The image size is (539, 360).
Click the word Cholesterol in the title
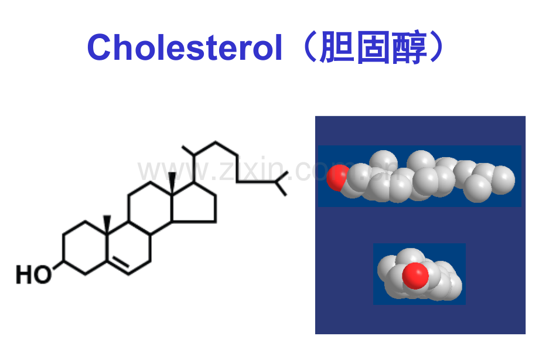(x=185, y=47)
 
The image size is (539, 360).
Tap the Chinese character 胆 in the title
(x=337, y=47)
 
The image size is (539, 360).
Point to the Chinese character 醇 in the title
(x=410, y=47)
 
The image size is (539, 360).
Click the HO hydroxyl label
(x=34, y=274)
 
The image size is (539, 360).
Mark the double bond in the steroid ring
(x=118, y=266)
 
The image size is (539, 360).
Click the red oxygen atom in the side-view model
(x=337, y=177)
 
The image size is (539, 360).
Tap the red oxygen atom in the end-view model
(x=415, y=276)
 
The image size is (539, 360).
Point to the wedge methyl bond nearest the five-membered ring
(x=172, y=184)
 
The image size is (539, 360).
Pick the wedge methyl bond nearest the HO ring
(x=107, y=225)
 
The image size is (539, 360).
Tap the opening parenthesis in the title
(x=309, y=47)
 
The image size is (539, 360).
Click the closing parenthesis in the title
(x=437, y=47)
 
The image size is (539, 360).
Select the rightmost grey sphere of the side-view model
(x=503, y=179)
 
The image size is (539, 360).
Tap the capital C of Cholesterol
(x=100, y=47)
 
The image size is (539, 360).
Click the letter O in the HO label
(x=43, y=274)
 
